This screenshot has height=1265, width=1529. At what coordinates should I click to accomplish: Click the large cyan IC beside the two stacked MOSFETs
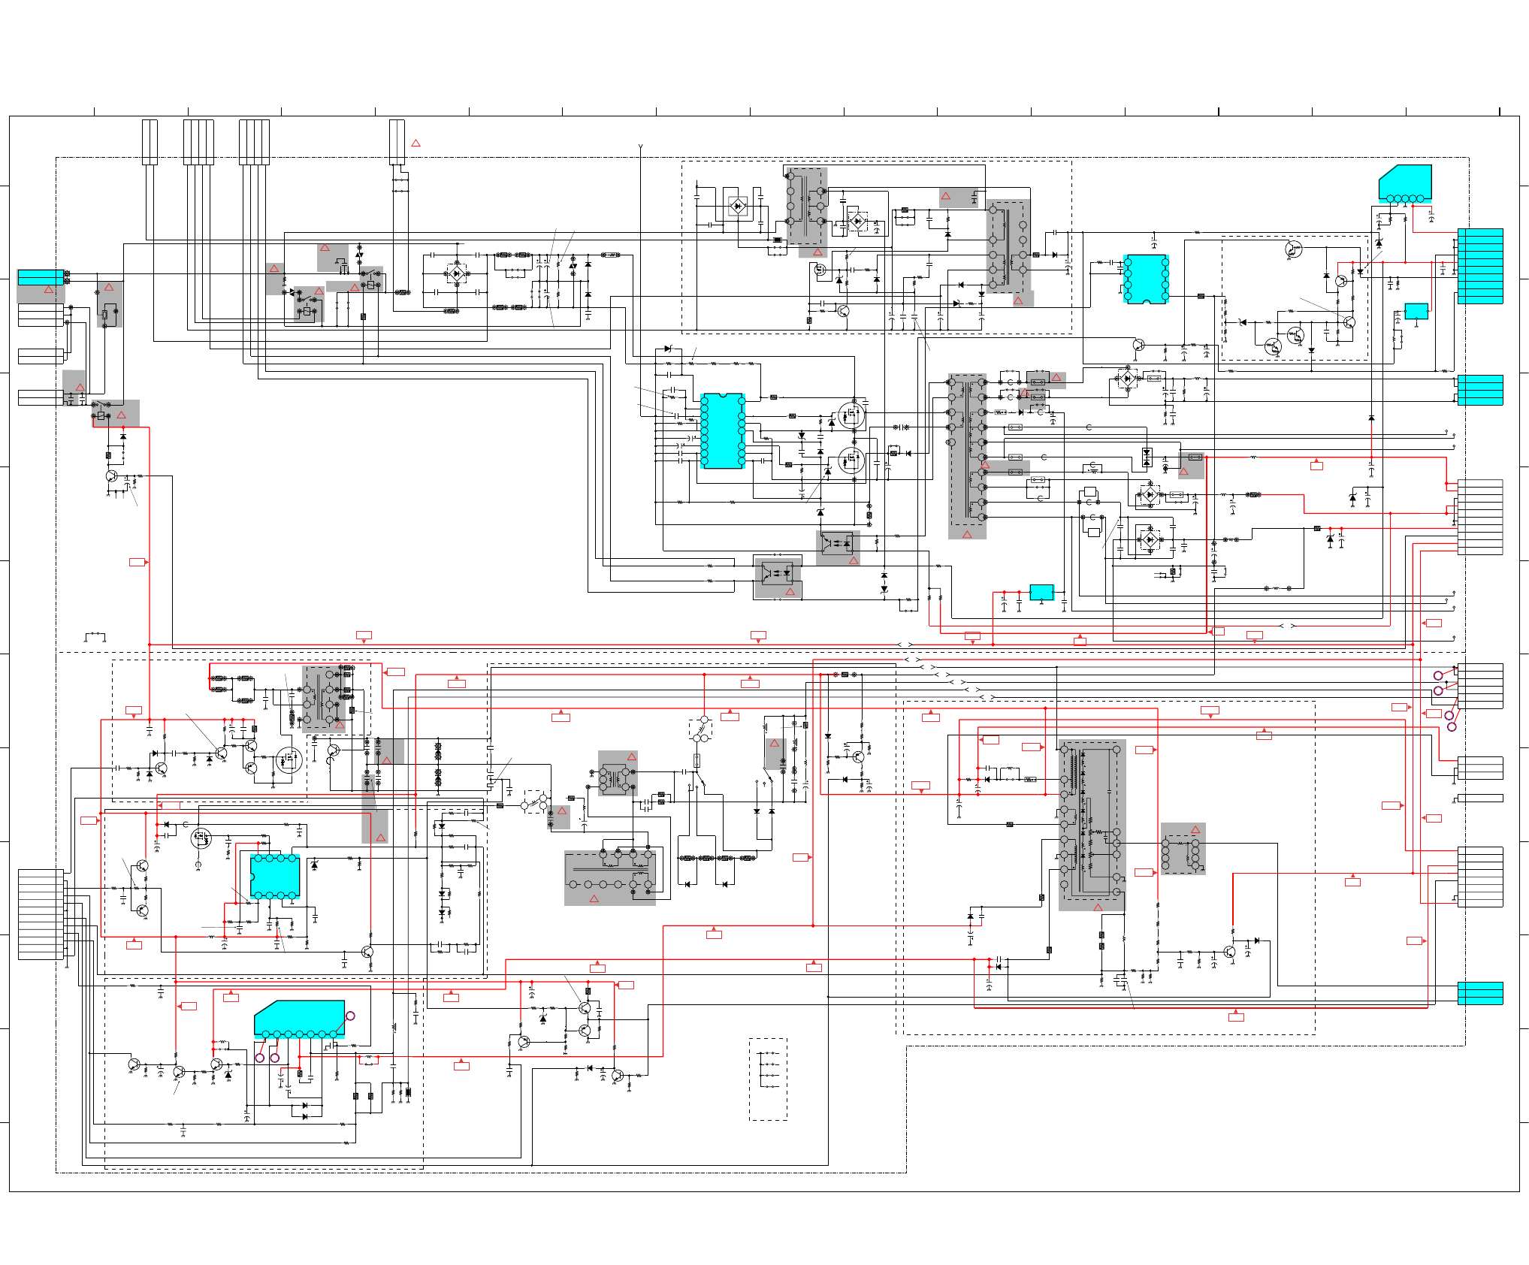click(722, 430)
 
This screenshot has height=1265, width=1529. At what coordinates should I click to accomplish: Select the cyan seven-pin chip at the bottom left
click(299, 1019)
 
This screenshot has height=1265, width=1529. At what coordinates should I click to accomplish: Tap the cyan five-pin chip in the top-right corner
click(1405, 183)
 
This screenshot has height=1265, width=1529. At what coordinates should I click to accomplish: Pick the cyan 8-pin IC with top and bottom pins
click(275, 876)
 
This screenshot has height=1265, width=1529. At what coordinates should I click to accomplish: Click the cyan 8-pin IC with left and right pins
click(1146, 279)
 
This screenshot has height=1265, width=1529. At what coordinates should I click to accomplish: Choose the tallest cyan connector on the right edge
click(1480, 266)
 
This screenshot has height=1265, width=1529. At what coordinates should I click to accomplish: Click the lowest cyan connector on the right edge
click(1480, 993)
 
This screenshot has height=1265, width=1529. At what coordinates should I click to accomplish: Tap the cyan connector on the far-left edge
click(41, 277)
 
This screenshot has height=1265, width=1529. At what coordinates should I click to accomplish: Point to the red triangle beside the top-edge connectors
click(415, 143)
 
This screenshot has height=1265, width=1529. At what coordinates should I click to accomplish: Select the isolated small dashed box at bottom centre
click(768, 1079)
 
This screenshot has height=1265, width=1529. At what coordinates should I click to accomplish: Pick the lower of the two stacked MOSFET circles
click(851, 460)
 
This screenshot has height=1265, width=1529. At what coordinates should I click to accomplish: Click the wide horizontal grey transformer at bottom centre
click(610, 877)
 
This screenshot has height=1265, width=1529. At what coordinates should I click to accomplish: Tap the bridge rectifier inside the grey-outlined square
click(738, 206)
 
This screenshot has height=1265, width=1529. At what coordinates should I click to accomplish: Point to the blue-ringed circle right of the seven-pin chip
click(350, 1016)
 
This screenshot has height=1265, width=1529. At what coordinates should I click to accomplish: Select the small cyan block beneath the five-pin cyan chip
click(1416, 311)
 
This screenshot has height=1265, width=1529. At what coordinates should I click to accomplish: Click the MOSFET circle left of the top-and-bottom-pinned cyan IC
click(201, 838)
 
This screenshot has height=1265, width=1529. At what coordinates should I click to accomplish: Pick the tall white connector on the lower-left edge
click(41, 914)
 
